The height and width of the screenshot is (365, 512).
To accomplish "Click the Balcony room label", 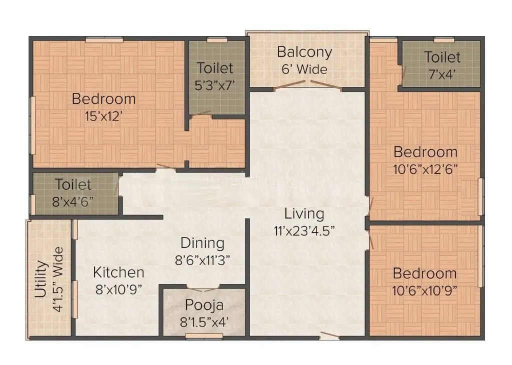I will [x=304, y=52].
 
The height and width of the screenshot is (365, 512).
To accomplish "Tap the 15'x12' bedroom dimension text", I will [x=104, y=117].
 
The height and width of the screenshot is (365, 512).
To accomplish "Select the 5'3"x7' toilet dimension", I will [x=215, y=85].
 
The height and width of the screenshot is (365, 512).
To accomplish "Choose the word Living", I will [x=304, y=213].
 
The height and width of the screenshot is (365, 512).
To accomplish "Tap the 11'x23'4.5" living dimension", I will [x=304, y=231].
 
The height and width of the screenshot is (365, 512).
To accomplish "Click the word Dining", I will [x=202, y=243].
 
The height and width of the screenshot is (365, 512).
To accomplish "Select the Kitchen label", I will [x=119, y=272].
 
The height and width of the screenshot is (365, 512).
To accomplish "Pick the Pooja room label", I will [x=204, y=304].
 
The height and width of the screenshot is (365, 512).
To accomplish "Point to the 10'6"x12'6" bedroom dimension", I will [x=425, y=169].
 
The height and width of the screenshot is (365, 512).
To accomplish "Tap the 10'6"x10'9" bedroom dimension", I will [x=424, y=291].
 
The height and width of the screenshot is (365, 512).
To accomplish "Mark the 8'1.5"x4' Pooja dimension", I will [x=204, y=322].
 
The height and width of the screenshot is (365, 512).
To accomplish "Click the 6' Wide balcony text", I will [x=304, y=69].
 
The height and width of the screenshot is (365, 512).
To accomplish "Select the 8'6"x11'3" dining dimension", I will [x=202, y=260].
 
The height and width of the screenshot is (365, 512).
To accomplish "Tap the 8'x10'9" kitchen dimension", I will [x=119, y=290].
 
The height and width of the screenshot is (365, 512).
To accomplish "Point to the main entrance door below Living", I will [x=329, y=335].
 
